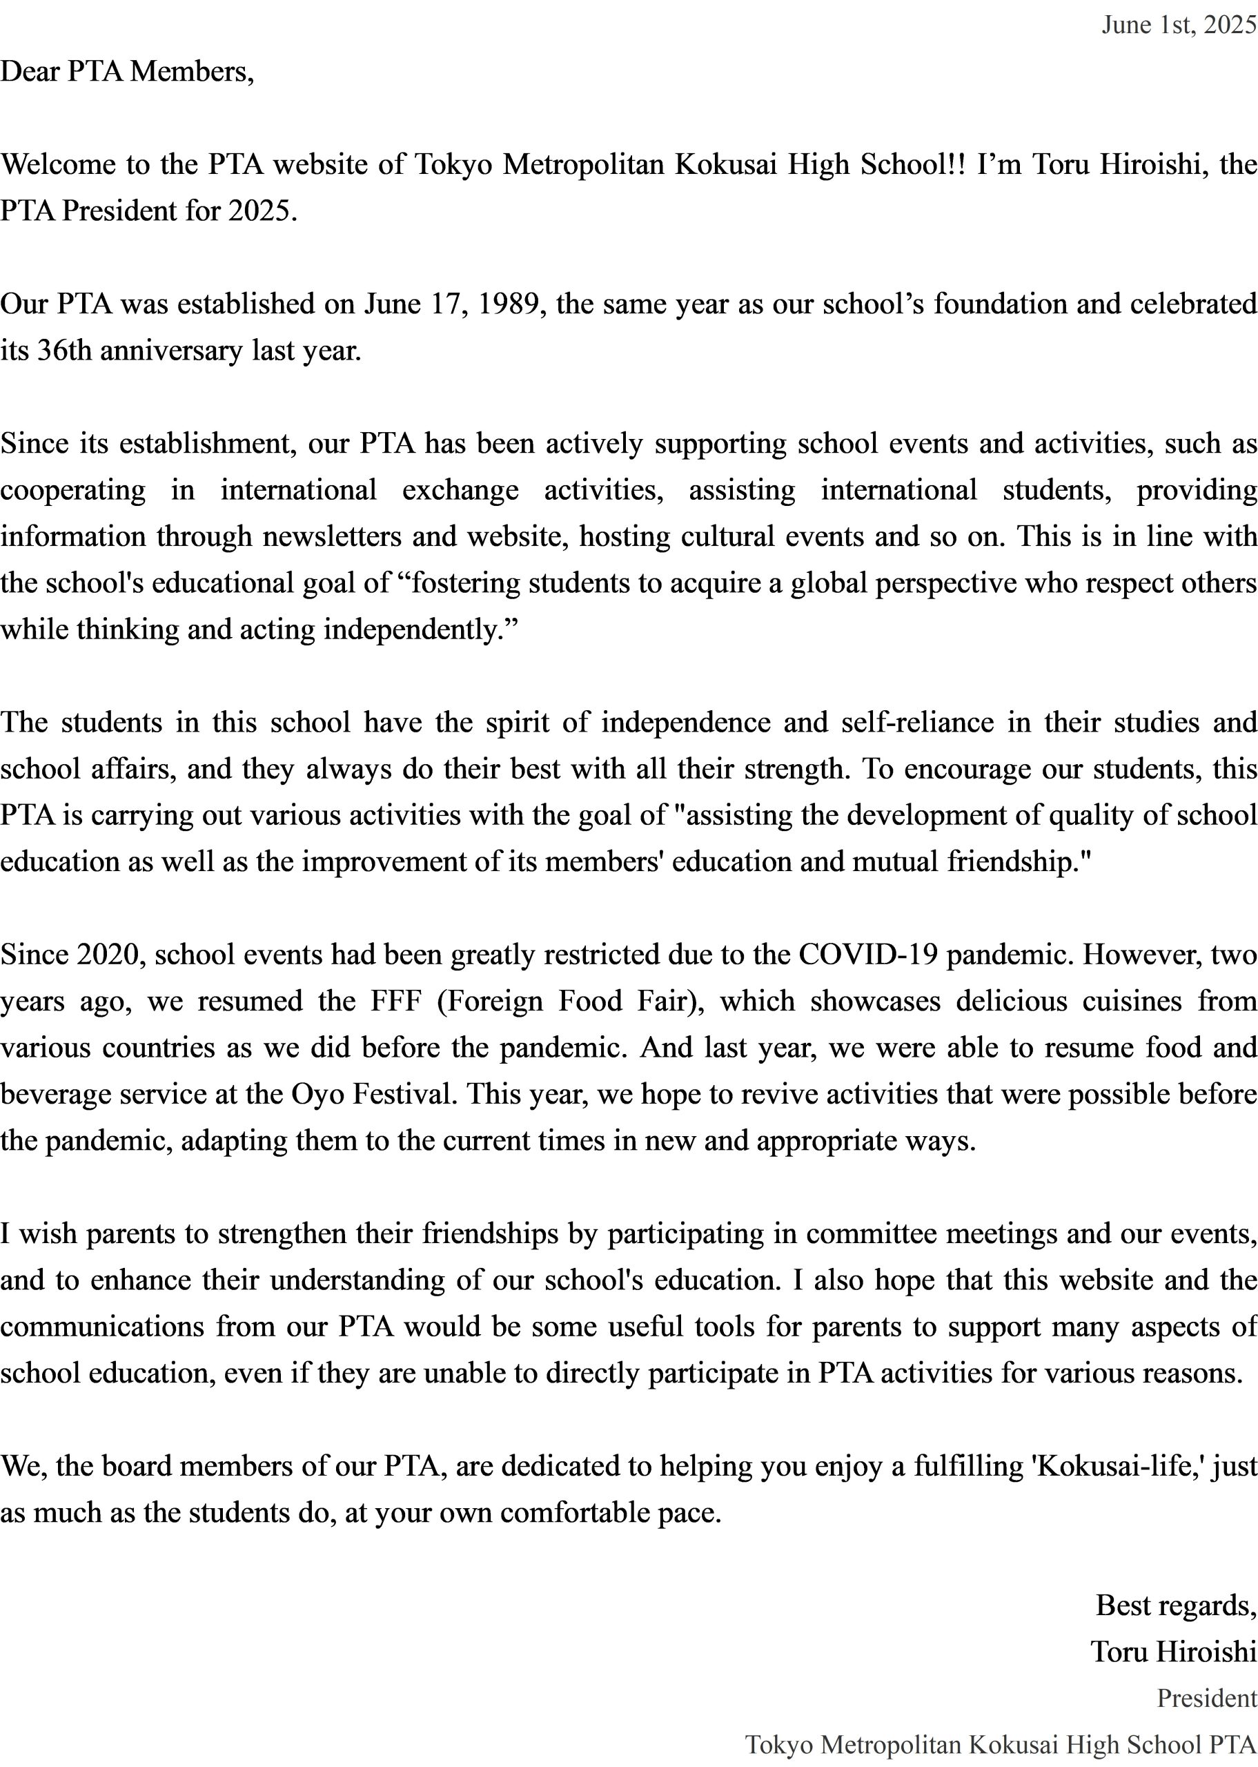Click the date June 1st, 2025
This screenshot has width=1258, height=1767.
tap(1178, 26)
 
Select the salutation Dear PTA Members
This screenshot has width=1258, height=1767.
tap(127, 72)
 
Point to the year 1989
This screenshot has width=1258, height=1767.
tap(507, 304)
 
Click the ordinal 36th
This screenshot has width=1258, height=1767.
tap(64, 351)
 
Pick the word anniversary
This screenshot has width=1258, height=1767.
tap(170, 351)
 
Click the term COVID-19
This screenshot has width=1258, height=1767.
tap(867, 955)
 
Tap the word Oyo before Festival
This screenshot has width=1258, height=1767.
tap(317, 1095)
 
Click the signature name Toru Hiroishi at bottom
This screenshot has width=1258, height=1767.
tap(1173, 1652)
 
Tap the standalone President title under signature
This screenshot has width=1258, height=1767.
tap(1206, 1698)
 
